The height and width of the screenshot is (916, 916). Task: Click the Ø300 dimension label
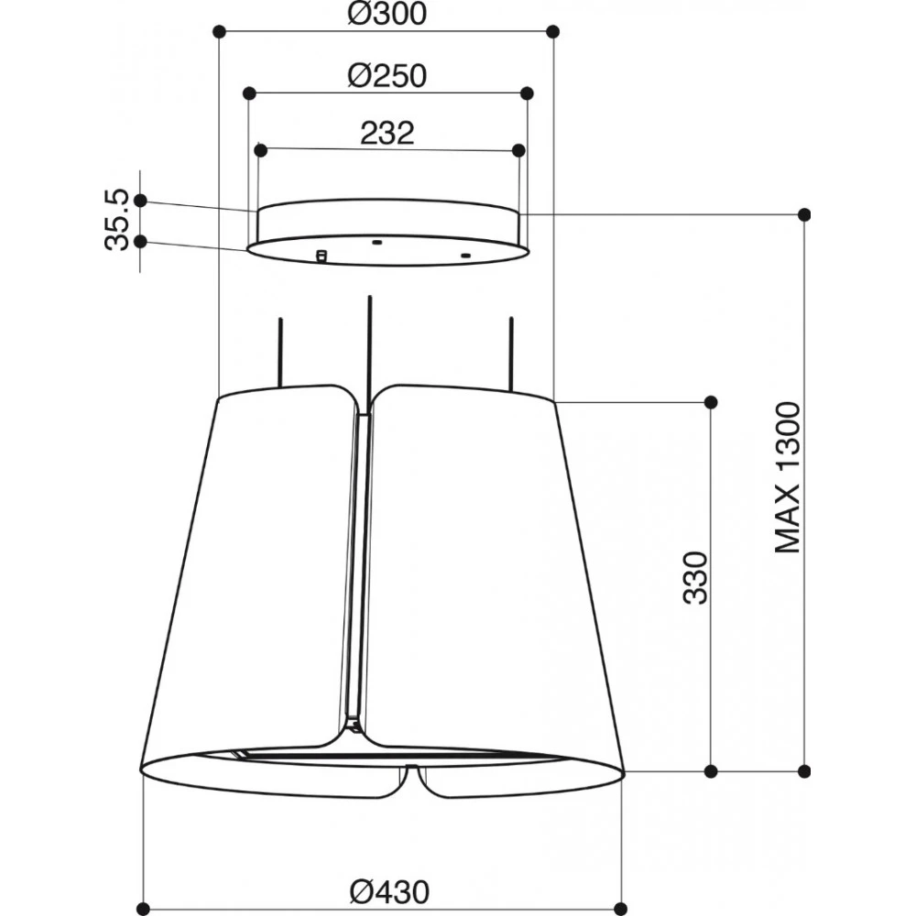(387, 14)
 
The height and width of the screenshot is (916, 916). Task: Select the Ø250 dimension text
(387, 76)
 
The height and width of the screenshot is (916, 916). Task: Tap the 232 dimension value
(387, 133)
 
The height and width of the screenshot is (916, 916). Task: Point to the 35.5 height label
(116, 220)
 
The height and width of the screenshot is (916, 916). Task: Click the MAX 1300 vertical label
(787, 477)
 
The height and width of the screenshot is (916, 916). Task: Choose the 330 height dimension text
(695, 577)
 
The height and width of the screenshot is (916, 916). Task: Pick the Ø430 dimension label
(389, 892)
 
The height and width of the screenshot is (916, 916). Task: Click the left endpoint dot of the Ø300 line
(219, 31)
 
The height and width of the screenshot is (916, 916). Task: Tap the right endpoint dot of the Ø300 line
(553, 31)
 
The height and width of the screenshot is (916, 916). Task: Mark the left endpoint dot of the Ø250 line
(249, 93)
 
